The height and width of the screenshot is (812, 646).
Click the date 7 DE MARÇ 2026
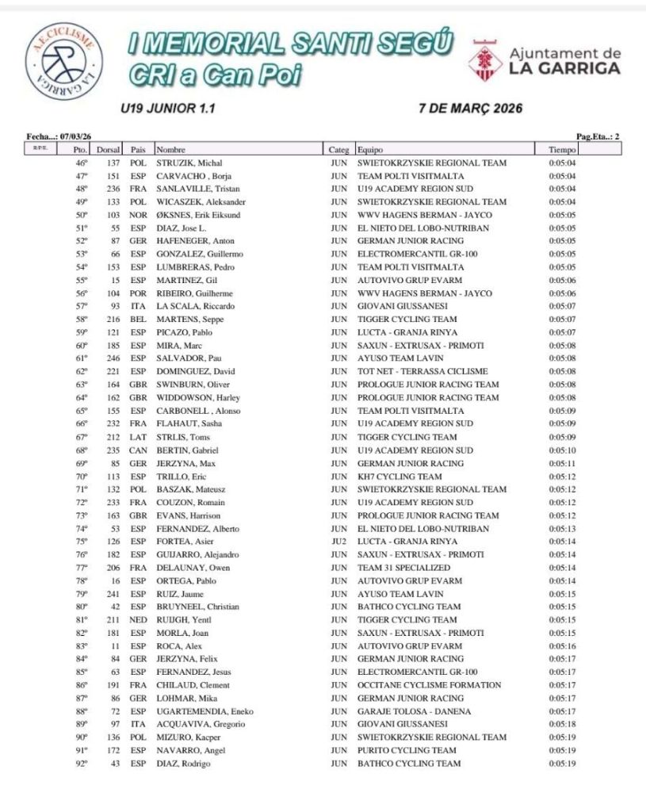pyautogui.click(x=470, y=109)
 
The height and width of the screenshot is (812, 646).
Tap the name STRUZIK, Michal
pyautogui.click(x=186, y=163)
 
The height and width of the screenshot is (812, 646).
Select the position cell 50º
pyautogui.click(x=81, y=215)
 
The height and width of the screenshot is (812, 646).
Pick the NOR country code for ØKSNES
pyautogui.click(x=139, y=215)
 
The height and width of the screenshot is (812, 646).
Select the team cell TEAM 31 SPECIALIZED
pyautogui.click(x=403, y=568)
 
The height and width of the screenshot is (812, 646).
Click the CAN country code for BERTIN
pyautogui.click(x=139, y=450)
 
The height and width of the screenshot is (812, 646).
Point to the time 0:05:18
pyautogui.click(x=562, y=724)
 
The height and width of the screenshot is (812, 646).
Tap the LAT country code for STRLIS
pyautogui.click(x=139, y=437)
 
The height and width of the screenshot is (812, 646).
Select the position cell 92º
pyautogui.click(x=81, y=764)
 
